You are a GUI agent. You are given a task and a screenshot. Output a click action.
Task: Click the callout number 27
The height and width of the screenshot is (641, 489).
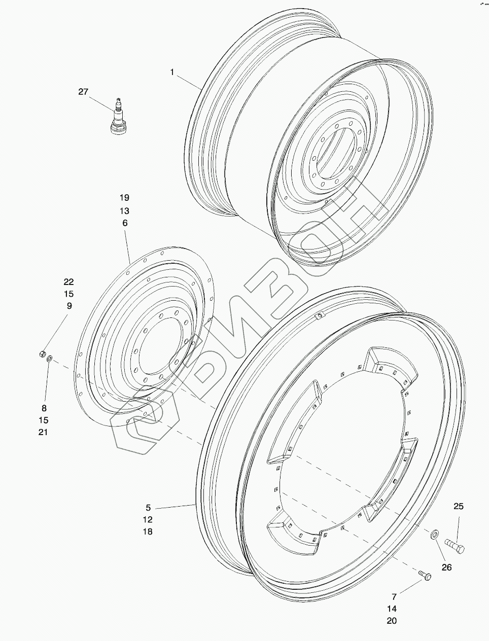pyautogui.click(x=83, y=92)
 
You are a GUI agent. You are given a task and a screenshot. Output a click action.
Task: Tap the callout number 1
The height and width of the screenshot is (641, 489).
pyautogui.click(x=172, y=72)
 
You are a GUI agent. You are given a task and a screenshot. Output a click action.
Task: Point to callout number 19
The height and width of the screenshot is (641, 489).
pyautogui.click(x=124, y=198)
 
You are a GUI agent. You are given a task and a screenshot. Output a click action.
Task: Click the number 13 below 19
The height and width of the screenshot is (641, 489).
pyautogui.click(x=124, y=210)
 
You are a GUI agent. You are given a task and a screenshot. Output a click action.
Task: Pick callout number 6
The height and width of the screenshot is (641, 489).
pyautogui.click(x=125, y=223)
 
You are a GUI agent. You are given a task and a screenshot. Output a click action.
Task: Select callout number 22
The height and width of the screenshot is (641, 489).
pyautogui.click(x=68, y=282)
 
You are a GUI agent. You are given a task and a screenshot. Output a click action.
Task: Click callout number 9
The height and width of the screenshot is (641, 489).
pyautogui.click(x=69, y=306)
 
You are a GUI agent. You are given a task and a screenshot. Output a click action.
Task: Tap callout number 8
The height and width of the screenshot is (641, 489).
pyautogui.click(x=44, y=408)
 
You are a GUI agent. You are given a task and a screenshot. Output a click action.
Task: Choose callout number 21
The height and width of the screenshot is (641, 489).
pyautogui.click(x=43, y=432)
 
